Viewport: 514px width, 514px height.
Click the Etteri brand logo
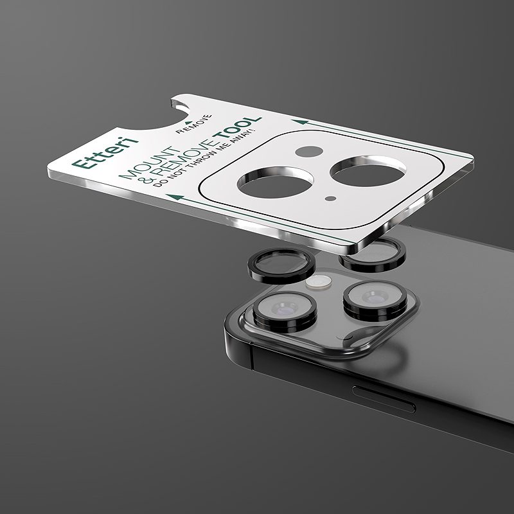(x=105, y=153)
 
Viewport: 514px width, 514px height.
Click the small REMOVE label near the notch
(x=194, y=124)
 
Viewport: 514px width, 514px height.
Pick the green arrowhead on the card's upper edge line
(x=300, y=122)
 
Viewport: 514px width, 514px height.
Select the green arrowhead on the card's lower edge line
(x=175, y=197)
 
